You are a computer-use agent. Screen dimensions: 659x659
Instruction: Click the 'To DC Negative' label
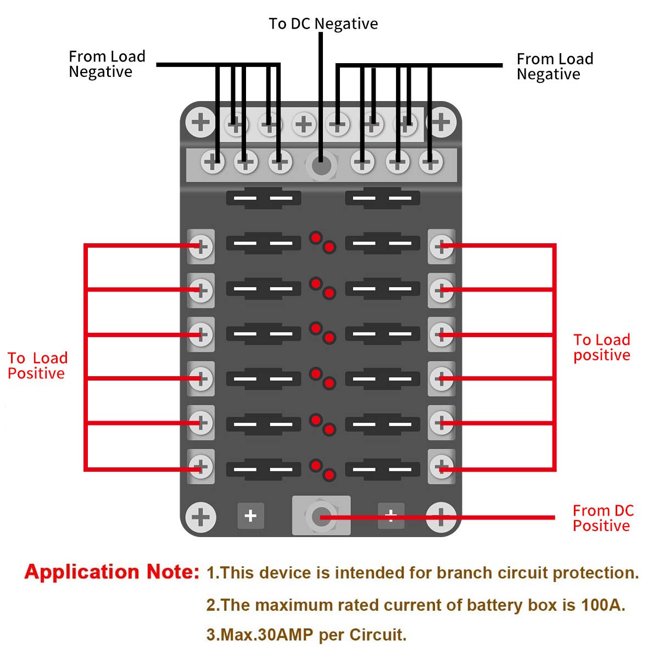point(323,24)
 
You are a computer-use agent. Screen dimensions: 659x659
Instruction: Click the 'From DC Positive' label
point(602,518)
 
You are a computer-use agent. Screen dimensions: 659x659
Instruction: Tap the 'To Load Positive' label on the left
point(37,366)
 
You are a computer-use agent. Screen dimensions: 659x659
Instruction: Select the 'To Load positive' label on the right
point(601,347)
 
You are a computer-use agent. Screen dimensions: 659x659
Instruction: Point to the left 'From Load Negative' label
point(107,64)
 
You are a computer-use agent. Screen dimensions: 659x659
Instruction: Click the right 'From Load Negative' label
point(555,66)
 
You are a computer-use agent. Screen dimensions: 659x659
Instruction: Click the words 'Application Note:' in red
point(112,572)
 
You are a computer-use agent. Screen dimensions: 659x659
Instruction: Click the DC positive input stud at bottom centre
point(321,516)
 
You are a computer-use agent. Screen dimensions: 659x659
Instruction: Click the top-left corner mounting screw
point(200,122)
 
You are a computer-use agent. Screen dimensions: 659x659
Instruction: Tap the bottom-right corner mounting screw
point(441,516)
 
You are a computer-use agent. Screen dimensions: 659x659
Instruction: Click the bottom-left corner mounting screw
point(200,517)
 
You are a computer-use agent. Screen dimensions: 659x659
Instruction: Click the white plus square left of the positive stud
point(250,516)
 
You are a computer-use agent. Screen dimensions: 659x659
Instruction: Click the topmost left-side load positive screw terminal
point(200,246)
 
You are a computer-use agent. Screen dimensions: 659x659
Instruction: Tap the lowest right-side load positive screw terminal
point(442,467)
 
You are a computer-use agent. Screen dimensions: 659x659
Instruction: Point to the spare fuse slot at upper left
point(264,198)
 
